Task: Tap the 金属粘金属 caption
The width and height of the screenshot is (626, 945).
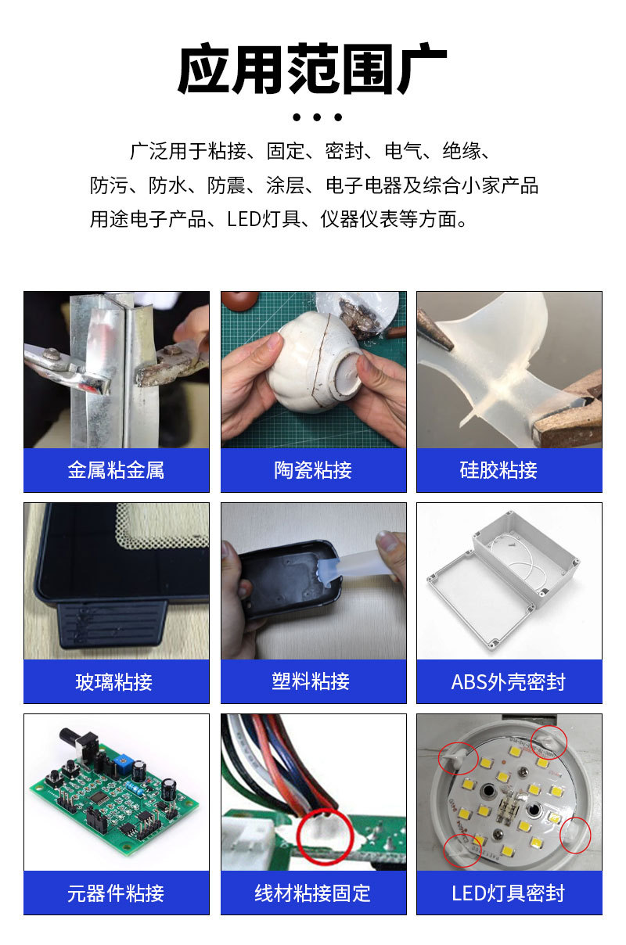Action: pos(116,470)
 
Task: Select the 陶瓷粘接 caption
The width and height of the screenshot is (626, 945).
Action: pos(313,470)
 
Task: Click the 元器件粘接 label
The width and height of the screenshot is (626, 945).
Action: pos(116,893)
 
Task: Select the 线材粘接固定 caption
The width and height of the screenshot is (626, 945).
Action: pos(312,893)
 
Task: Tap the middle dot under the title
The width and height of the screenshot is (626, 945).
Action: pos(317,117)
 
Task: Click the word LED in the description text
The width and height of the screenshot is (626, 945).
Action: pos(243,219)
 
